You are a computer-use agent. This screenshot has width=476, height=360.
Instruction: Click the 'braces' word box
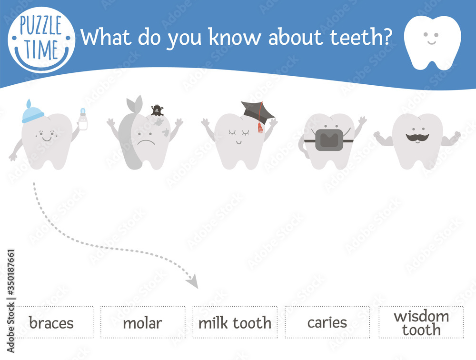click(51, 322)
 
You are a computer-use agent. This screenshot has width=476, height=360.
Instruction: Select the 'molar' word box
click(142, 322)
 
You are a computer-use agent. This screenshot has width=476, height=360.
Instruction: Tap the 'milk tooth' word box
click(235, 322)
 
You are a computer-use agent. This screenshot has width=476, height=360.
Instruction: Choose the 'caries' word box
click(327, 322)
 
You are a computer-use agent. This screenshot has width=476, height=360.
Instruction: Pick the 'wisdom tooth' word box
click(421, 322)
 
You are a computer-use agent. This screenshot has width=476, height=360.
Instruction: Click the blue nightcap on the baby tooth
click(32, 112)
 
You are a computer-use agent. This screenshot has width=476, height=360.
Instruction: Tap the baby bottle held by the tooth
click(83, 121)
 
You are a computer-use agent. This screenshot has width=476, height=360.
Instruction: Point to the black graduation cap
click(256, 111)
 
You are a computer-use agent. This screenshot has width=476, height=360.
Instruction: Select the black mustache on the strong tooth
click(417, 137)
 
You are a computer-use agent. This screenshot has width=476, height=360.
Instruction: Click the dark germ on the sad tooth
click(157, 110)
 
